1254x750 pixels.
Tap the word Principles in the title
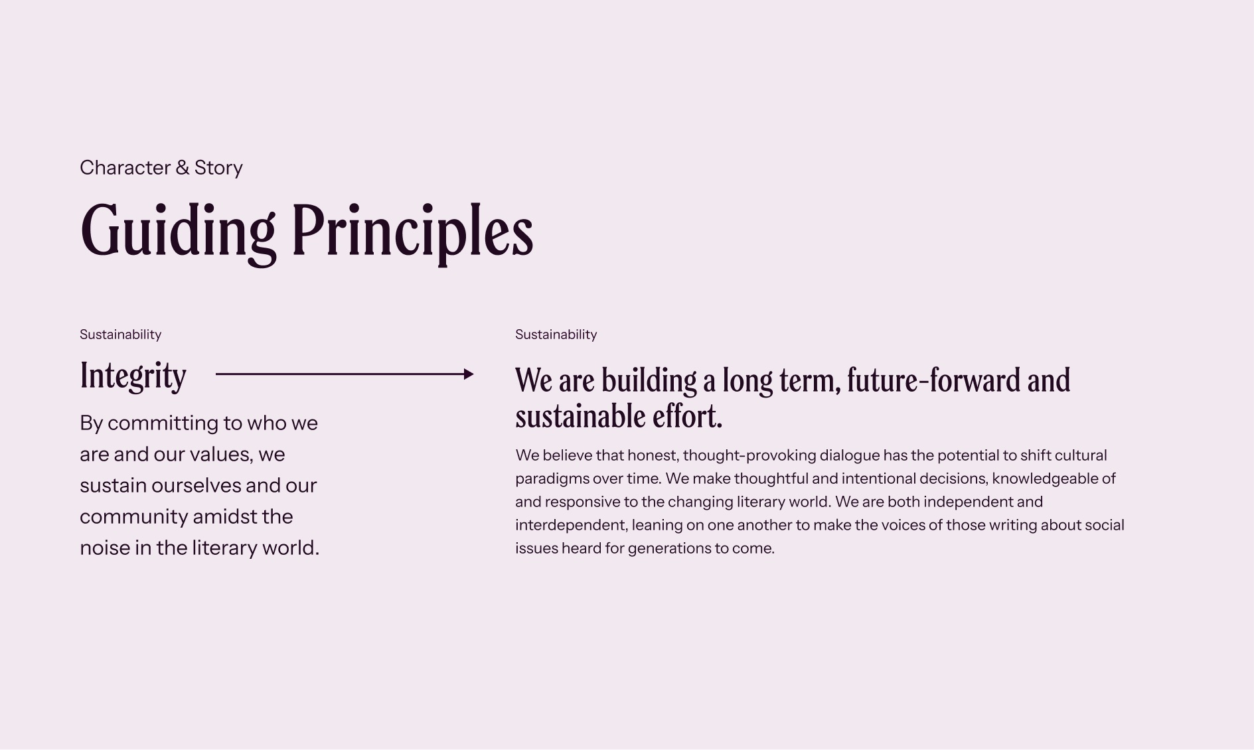[x=412, y=232]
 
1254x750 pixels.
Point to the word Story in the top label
[x=218, y=168]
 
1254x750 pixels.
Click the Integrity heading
[x=133, y=376]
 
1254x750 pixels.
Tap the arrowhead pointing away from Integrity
[x=469, y=374]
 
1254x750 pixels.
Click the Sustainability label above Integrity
[x=120, y=335]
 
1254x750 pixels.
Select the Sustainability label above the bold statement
[x=556, y=335]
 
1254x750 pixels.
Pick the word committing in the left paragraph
[x=165, y=423]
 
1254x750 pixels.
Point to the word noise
[x=105, y=548]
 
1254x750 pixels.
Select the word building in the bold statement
[x=649, y=381]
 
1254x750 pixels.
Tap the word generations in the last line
[x=669, y=549]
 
